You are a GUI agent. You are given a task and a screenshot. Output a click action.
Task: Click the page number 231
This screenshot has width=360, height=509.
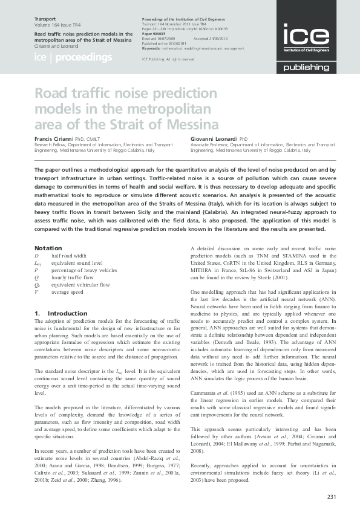pos(331,497)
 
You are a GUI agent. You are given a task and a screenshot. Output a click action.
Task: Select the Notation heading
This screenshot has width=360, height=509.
pos(48,248)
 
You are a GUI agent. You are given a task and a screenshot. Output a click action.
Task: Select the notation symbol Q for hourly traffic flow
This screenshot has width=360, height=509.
pos(37,280)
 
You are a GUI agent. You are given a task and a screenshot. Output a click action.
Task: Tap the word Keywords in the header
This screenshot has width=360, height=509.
pos(153,47)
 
